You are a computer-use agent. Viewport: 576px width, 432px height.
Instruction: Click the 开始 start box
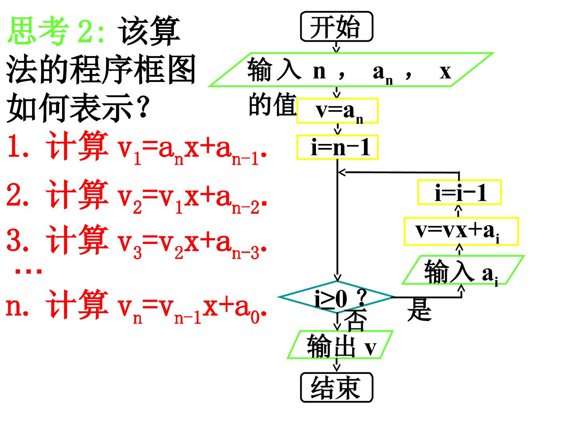(x=336, y=26)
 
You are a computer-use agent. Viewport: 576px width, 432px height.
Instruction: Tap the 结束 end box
(x=336, y=387)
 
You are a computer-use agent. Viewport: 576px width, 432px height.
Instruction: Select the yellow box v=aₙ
(x=337, y=111)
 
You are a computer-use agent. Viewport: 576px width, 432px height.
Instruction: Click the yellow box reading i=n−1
(x=337, y=147)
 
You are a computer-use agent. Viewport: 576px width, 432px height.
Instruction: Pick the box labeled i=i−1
(x=459, y=192)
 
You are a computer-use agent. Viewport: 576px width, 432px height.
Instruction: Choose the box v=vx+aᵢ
(x=461, y=231)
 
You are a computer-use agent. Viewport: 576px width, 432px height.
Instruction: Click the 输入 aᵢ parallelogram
(x=463, y=270)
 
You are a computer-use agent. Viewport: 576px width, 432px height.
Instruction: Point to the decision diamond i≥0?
(x=336, y=297)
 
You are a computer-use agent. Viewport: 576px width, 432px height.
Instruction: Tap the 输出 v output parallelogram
(x=340, y=345)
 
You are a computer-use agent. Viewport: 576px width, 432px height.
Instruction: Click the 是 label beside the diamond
(x=419, y=310)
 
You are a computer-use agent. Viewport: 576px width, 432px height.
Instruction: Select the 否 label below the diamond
(x=356, y=320)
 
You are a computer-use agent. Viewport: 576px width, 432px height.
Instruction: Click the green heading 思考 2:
(x=56, y=31)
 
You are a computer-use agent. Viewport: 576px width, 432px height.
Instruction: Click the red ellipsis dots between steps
(x=29, y=271)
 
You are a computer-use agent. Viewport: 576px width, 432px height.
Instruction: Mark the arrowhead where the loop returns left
(x=341, y=172)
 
